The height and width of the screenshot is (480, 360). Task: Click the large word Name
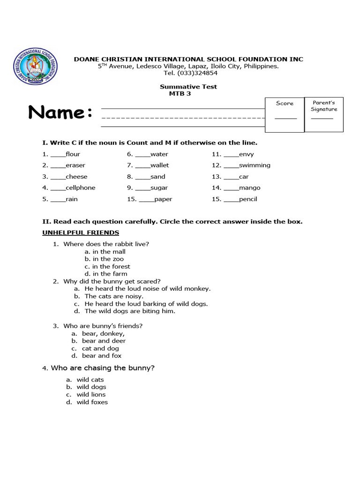coord(60,112)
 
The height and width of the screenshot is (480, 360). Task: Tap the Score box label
coord(285,103)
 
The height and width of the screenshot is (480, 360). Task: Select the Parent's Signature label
coord(324,106)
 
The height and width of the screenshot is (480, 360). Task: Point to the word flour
coord(73,154)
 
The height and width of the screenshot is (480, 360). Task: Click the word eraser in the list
coord(75,165)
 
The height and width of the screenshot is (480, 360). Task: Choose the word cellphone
coord(80,188)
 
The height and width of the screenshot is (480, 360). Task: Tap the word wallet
coord(159,165)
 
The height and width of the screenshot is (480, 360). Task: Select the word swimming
coord(255,165)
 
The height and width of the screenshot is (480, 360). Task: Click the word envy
coord(246,154)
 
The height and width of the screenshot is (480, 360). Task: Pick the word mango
coord(249,188)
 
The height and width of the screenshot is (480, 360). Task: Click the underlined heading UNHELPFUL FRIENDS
coord(81,233)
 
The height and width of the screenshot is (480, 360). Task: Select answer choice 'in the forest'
coord(111,267)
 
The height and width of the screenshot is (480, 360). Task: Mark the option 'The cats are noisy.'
coord(114,296)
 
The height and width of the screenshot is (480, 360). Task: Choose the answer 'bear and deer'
coord(104,341)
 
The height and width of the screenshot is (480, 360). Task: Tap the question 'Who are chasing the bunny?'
coord(103,368)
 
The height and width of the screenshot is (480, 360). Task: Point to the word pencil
coord(248,199)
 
